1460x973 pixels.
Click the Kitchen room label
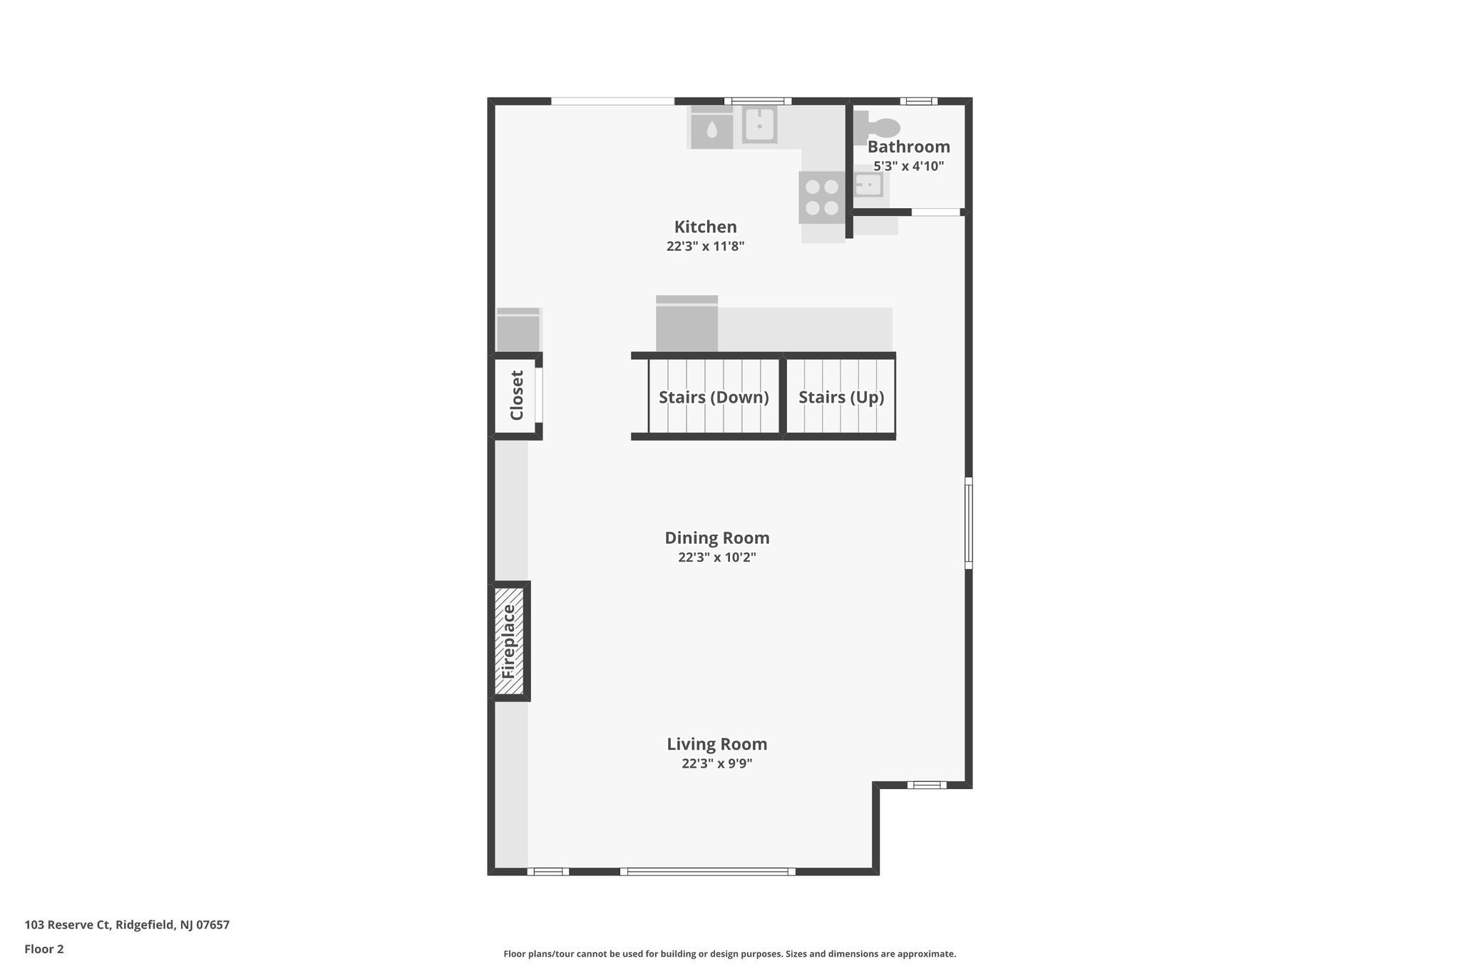705,227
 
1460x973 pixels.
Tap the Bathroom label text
908,147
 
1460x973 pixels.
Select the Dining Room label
716,537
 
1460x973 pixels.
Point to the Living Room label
716,743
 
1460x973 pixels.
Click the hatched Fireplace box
509,641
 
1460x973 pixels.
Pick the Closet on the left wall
516,396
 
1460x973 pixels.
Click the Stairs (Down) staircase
713,397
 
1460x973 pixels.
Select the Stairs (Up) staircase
840,397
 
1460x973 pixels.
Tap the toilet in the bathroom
881,128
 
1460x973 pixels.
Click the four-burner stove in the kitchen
821,197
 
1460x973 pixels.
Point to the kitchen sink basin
759,125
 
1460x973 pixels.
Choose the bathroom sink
868,185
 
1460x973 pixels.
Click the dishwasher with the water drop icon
711,129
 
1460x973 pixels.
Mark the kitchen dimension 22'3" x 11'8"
705,247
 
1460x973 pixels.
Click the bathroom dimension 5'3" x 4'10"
908,166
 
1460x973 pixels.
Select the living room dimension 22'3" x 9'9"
716,763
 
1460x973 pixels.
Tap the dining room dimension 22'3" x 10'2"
716,557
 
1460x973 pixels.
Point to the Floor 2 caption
44,949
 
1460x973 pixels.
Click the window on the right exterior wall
968,522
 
